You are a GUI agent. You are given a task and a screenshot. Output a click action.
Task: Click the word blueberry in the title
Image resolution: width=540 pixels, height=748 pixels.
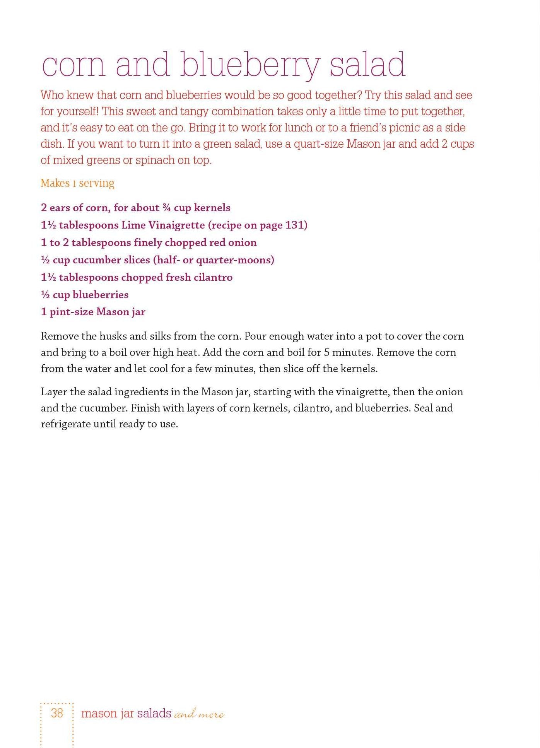point(250,65)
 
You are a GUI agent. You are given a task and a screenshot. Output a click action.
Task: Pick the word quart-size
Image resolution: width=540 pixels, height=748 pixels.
point(318,144)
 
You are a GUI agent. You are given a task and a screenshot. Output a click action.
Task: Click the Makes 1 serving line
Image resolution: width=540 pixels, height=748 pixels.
point(77,183)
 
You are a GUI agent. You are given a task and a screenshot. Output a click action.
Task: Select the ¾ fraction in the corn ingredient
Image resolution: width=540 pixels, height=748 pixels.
point(166,208)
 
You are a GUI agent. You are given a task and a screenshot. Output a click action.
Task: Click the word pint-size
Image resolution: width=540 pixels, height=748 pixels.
point(71,312)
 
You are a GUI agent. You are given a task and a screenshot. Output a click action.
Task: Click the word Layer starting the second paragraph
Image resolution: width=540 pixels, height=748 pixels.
point(54,392)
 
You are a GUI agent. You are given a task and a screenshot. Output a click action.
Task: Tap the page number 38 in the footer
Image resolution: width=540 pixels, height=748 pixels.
point(57,713)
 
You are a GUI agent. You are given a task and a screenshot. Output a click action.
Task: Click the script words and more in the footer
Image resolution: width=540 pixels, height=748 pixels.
point(199,714)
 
